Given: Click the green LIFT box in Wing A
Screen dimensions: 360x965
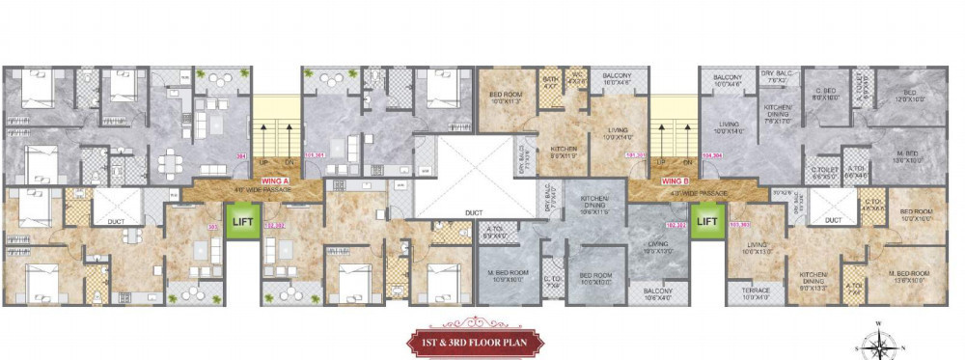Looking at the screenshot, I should [x=242, y=222].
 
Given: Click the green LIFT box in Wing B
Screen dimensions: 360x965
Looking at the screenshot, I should [x=707, y=221].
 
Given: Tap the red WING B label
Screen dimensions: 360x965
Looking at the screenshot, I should [x=674, y=181].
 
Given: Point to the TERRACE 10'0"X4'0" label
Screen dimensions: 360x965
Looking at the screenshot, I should [x=756, y=293].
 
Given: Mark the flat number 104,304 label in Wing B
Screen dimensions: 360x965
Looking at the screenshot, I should [x=713, y=153].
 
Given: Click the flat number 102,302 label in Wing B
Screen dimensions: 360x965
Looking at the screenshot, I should [x=675, y=229].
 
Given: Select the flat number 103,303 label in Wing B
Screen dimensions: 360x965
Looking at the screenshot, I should [x=740, y=225].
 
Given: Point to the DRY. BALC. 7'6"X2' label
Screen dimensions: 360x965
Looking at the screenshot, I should [x=774, y=77].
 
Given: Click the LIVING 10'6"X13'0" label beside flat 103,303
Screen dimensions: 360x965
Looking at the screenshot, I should [x=758, y=248].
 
